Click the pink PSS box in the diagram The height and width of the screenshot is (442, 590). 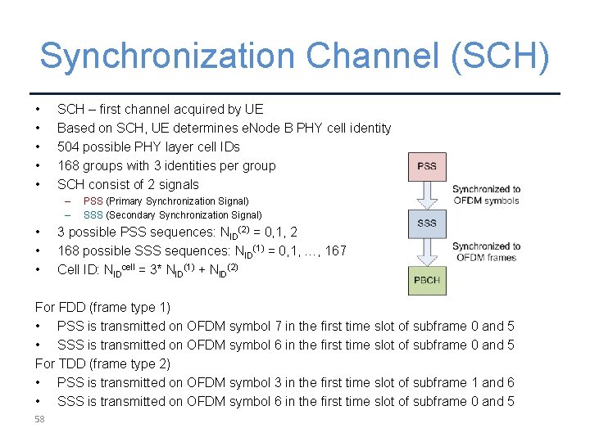pos(427,166)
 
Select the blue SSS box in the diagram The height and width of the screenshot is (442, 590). pos(427,223)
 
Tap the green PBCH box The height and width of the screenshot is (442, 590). pos(427,280)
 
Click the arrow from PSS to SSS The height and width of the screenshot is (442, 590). pos(427,195)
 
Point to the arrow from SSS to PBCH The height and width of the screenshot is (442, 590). pos(427,251)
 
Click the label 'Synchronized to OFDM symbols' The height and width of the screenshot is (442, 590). pos(486,195)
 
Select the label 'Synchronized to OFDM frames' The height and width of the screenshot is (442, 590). pos(486,251)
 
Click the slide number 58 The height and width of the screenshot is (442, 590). pos(39,420)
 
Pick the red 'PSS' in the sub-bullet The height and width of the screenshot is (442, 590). pos(93,201)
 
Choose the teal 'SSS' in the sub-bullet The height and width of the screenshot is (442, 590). pos(93,215)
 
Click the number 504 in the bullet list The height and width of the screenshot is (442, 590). pos(68,147)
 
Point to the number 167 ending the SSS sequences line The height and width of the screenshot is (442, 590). pos(334,250)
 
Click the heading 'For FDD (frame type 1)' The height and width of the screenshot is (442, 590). pos(102,307)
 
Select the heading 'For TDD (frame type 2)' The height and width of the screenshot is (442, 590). pos(102,363)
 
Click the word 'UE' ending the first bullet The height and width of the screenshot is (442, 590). pos(254,109)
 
